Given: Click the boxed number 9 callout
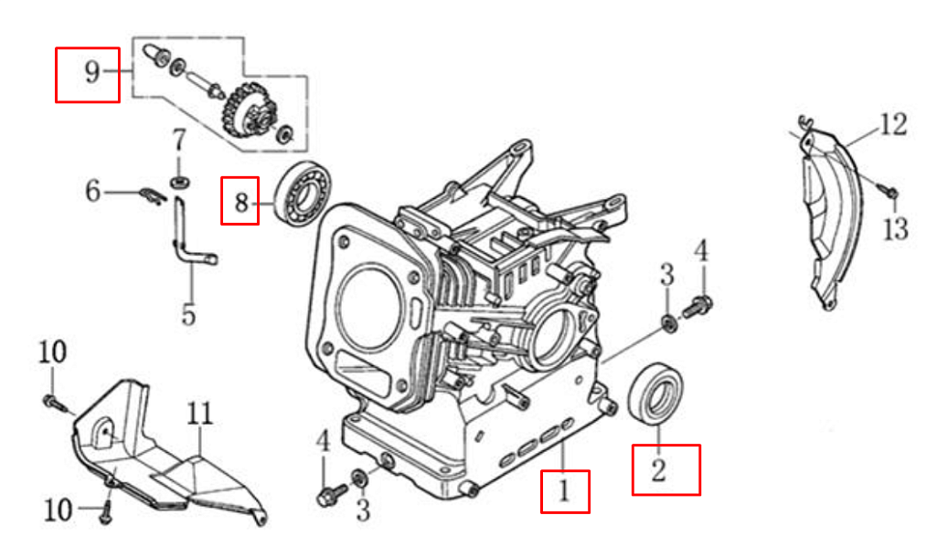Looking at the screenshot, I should [88, 74].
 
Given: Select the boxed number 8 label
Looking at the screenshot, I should [241, 200].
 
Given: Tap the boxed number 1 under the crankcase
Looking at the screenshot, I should [564, 491].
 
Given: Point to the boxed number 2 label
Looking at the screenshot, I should [665, 469].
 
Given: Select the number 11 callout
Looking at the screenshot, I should [200, 415].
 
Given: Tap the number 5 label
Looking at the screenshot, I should [187, 314].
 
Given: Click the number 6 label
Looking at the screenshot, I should [92, 192].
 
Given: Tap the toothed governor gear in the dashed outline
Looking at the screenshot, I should [249, 114].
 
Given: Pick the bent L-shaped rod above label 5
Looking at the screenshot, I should [188, 241].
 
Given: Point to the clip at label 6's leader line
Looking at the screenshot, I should [152, 193].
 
